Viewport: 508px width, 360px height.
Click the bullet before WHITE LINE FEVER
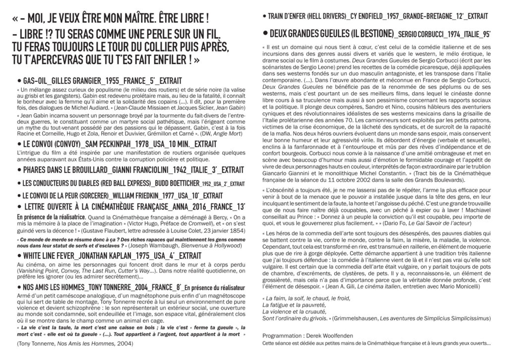18,256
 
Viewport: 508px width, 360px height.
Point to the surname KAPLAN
119,256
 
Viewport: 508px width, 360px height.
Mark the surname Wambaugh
141,245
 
